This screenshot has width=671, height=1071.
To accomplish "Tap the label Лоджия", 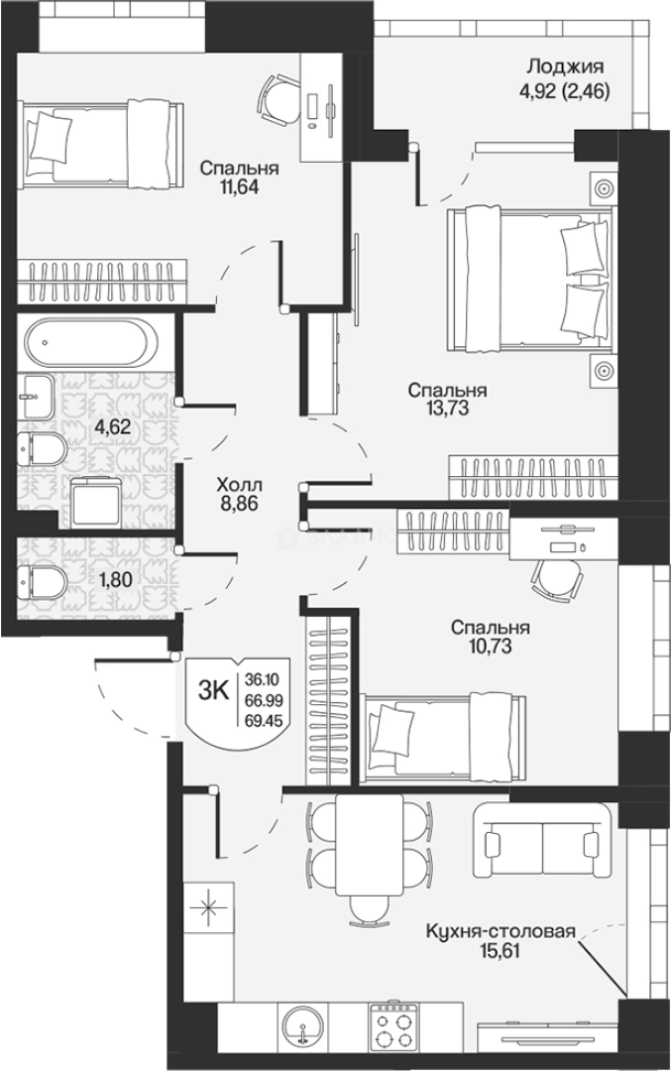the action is pyautogui.click(x=565, y=66).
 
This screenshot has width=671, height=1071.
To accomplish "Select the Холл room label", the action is pyautogui.click(x=239, y=486).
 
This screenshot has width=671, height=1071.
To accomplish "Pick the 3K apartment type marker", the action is pyautogui.click(x=213, y=691).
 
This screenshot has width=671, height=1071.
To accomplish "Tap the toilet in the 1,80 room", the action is pyautogui.click(x=42, y=581).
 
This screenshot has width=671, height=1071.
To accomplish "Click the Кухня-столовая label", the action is pyautogui.click(x=501, y=931).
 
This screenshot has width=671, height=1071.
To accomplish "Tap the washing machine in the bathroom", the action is pyautogui.click(x=96, y=502).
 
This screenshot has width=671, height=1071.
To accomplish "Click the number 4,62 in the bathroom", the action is pyautogui.click(x=113, y=428).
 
